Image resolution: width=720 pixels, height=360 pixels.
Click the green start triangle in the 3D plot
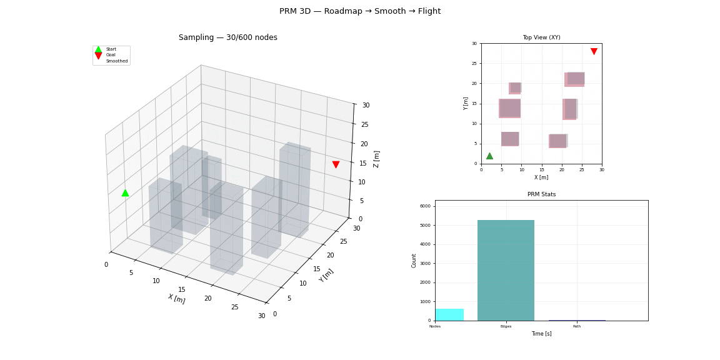(x=125, y=193)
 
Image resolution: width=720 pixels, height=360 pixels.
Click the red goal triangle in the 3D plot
(x=336, y=164)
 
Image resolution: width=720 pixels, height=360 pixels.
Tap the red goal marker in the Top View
(x=594, y=51)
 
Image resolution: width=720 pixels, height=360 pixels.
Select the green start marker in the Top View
(x=489, y=156)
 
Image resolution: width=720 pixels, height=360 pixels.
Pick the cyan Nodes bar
(x=449, y=314)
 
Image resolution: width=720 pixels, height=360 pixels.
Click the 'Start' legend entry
(x=111, y=49)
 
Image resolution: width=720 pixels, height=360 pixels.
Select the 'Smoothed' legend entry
(x=116, y=61)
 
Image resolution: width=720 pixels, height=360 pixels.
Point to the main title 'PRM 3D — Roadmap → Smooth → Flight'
(x=360, y=11)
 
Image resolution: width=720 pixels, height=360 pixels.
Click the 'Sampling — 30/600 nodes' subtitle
(x=228, y=37)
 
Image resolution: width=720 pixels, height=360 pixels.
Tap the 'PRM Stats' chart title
(x=541, y=194)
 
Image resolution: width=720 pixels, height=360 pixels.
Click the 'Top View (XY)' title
(x=541, y=37)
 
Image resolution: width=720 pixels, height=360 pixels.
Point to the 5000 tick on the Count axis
(x=426, y=225)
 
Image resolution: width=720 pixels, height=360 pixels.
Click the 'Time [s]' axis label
(x=541, y=334)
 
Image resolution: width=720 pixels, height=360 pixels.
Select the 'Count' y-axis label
(x=414, y=261)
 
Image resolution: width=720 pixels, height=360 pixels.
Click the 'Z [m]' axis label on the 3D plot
(x=376, y=159)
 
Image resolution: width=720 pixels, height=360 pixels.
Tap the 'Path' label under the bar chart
(x=577, y=326)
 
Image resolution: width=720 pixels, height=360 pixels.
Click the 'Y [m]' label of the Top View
(x=466, y=103)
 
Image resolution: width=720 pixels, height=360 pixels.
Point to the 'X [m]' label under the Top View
(x=541, y=177)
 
